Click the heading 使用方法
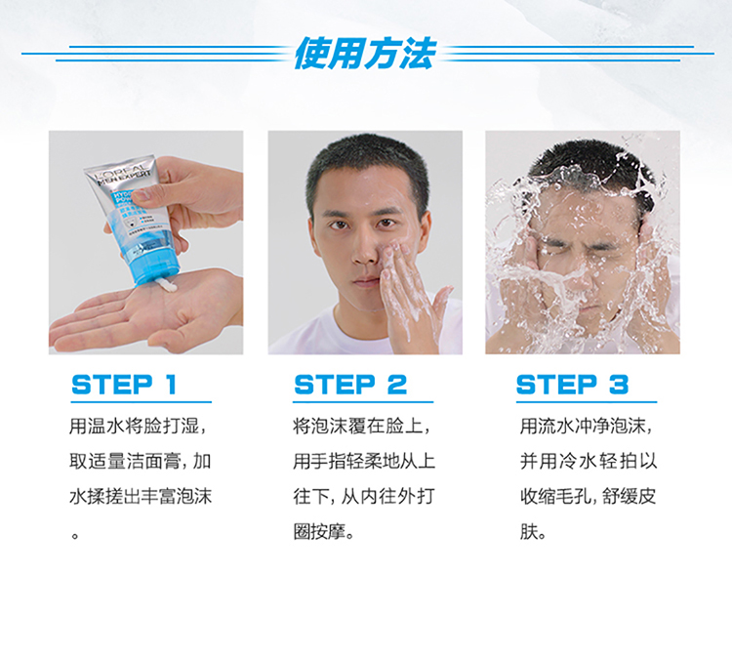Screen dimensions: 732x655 click(x=366, y=54)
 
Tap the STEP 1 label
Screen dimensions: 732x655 click(x=124, y=385)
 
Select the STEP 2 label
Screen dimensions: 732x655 click(x=350, y=385)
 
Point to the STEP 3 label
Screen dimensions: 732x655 click(x=572, y=385)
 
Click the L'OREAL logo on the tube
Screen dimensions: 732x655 click(x=122, y=172)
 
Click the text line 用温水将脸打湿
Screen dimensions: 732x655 click(x=138, y=427)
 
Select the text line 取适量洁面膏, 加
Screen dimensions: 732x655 click(x=140, y=462)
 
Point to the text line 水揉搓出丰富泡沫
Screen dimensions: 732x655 click(x=140, y=496)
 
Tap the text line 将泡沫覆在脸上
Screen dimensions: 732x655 click(x=361, y=427)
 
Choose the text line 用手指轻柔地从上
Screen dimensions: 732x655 click(x=364, y=462)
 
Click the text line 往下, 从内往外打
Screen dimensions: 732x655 click(x=364, y=496)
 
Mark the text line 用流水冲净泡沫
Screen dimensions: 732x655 click(x=587, y=427)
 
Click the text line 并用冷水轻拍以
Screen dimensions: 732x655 click(x=589, y=462)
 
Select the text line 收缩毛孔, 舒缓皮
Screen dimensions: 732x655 click(x=589, y=496)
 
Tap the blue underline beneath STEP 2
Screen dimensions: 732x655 click(x=363, y=401)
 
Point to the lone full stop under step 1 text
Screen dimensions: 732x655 click(x=75, y=536)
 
